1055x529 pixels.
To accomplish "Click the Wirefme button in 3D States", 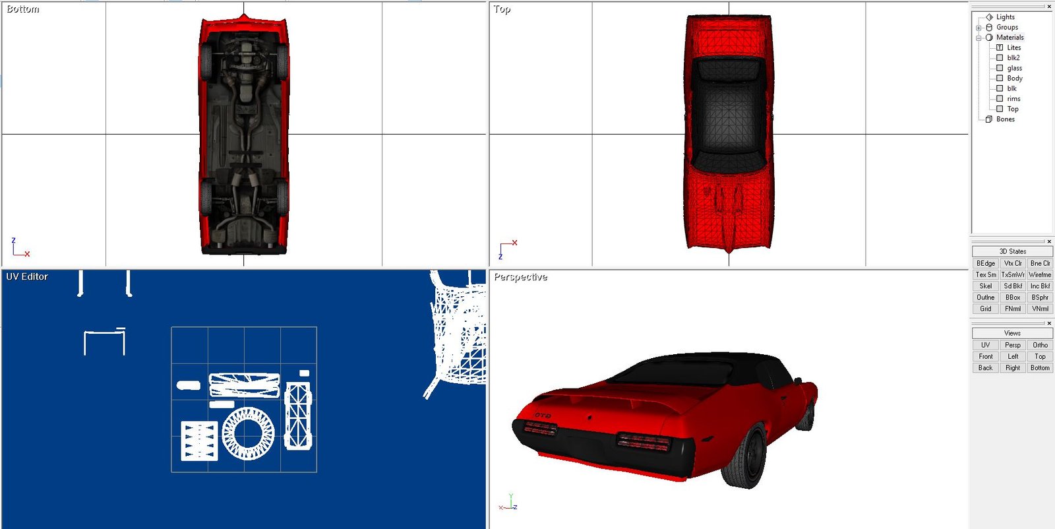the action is click(x=1040, y=274).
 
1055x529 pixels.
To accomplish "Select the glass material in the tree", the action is click(x=1014, y=68).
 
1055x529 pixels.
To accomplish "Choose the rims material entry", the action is click(x=1013, y=98).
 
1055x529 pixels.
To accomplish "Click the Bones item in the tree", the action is click(x=1005, y=119).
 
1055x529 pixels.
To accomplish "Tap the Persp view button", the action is click(x=1013, y=345).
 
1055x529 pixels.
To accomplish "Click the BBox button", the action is click(x=1013, y=297).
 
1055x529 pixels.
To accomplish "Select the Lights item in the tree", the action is click(x=1005, y=17).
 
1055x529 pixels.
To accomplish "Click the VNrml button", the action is click(x=1040, y=309).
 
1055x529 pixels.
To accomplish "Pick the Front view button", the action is click(x=985, y=356).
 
